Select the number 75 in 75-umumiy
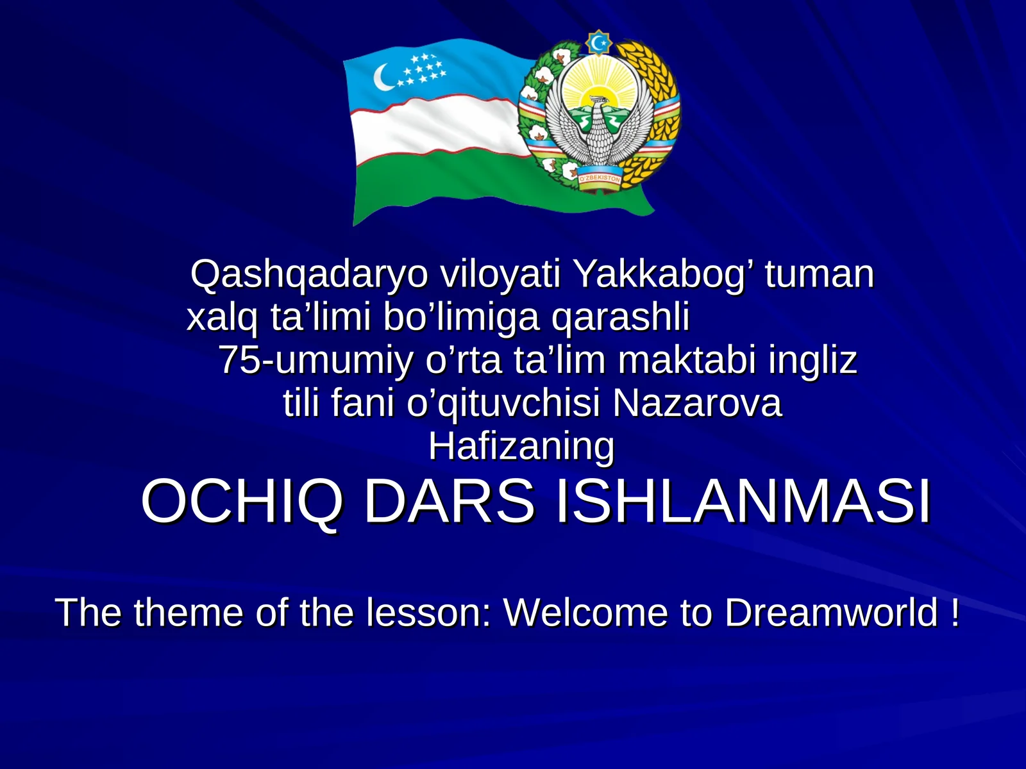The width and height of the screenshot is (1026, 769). click(x=239, y=360)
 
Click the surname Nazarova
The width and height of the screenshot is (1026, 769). click(x=698, y=403)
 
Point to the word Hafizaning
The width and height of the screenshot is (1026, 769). click(x=521, y=446)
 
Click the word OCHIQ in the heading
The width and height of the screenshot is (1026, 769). click(x=241, y=501)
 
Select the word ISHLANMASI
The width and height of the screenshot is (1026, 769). click(x=743, y=501)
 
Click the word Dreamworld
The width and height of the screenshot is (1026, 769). click(x=831, y=613)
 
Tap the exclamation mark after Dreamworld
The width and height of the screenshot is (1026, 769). click(x=955, y=613)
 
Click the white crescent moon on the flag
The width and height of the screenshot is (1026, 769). click(x=383, y=79)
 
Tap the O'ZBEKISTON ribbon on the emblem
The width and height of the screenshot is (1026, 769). click(x=600, y=179)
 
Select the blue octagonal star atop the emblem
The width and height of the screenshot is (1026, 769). click(x=599, y=43)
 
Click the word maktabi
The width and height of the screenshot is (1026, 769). click(x=689, y=360)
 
